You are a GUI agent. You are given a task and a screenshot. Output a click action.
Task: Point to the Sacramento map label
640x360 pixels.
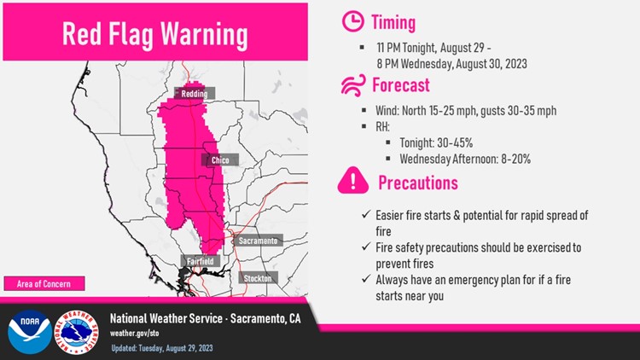tap(258, 241)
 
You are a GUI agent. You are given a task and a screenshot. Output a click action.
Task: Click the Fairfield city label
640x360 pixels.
tap(195, 261)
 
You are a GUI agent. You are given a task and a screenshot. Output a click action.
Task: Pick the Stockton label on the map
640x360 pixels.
tap(257, 279)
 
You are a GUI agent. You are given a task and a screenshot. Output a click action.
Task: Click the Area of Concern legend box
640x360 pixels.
tap(44, 283)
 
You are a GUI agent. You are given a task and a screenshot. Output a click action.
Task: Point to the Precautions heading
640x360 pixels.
tap(418, 183)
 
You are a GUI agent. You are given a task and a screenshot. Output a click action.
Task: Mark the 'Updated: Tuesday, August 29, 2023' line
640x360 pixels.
tap(165, 349)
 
